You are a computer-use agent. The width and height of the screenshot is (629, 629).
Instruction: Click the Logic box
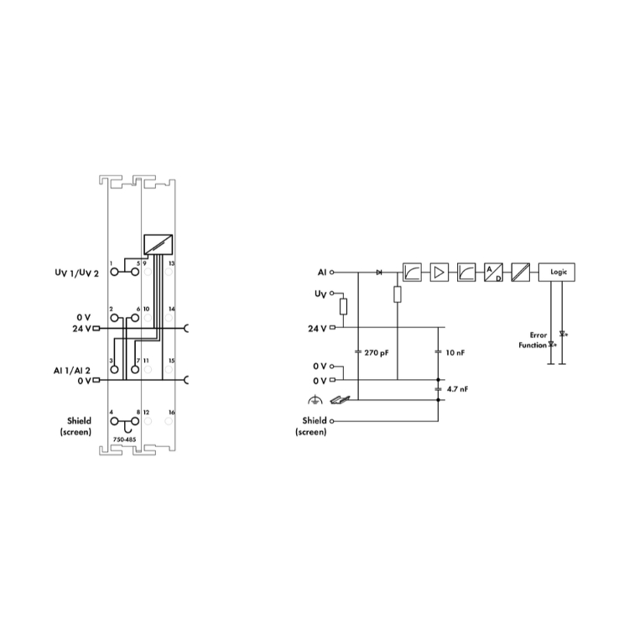556,272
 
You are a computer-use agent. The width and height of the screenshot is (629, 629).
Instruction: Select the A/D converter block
493,272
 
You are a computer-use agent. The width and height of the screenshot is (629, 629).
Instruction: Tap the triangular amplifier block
439,272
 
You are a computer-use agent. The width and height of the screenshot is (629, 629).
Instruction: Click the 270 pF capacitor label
377,352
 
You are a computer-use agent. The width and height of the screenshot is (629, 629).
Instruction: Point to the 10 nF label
455,352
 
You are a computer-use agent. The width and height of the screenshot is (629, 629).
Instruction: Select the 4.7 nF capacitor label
457,389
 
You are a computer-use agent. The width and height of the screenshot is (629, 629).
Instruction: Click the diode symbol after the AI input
379,273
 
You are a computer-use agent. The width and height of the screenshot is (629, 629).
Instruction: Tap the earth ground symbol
314,399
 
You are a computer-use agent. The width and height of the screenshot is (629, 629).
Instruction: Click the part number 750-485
124,439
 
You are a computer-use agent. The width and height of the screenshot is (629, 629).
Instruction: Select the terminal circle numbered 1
115,272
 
